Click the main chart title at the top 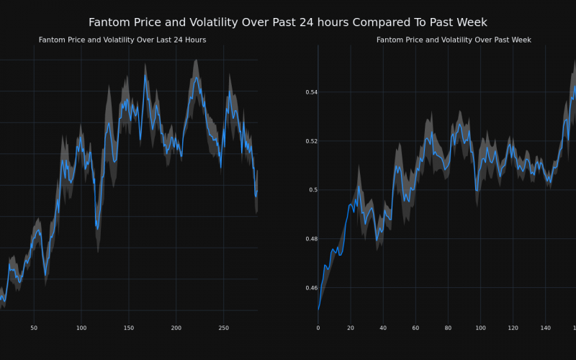tap(288, 22)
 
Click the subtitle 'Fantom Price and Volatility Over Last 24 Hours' tap(122, 40)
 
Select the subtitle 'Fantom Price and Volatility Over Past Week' tap(454, 40)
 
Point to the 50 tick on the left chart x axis tap(34, 328)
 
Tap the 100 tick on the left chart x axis tap(81, 328)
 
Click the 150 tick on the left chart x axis tap(128, 328)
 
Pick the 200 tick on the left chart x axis tap(176, 328)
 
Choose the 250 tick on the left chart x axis tap(223, 328)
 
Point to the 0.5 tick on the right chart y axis tap(312, 190)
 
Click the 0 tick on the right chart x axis tap(318, 328)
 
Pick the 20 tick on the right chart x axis tap(351, 328)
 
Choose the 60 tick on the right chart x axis tap(415, 328)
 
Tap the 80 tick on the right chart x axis tap(448, 328)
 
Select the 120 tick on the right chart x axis tap(513, 328)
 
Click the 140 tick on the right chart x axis tap(545, 328)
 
